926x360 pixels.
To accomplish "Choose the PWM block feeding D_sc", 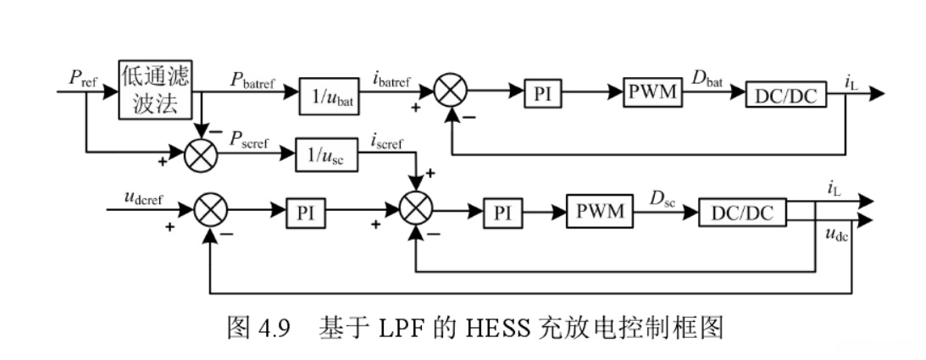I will [x=600, y=212].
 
